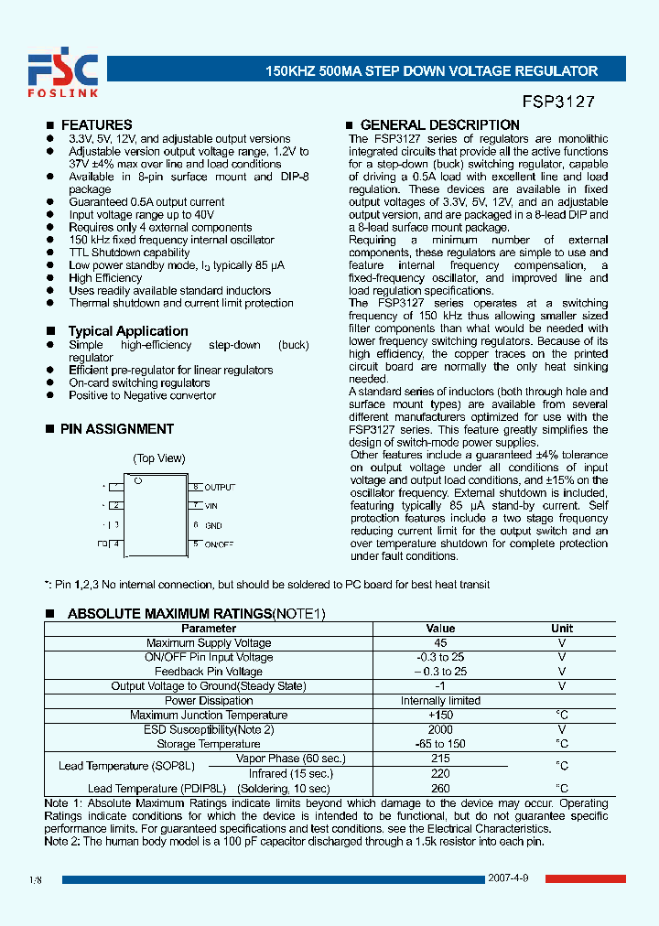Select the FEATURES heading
click(x=96, y=124)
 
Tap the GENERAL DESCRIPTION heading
click(x=439, y=124)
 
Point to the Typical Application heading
click(x=127, y=331)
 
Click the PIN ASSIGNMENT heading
click(x=116, y=428)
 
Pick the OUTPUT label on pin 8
click(x=220, y=488)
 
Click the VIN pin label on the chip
click(x=211, y=506)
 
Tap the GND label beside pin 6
click(x=213, y=525)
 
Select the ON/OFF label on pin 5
click(x=219, y=544)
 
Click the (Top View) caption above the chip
click(x=159, y=458)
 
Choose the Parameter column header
click(x=208, y=629)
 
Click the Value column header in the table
click(x=440, y=629)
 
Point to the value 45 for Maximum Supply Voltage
click(x=440, y=643)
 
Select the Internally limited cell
click(x=440, y=701)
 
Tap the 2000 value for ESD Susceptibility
click(x=440, y=729)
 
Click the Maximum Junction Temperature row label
click(x=208, y=716)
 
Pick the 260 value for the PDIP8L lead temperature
click(x=440, y=788)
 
